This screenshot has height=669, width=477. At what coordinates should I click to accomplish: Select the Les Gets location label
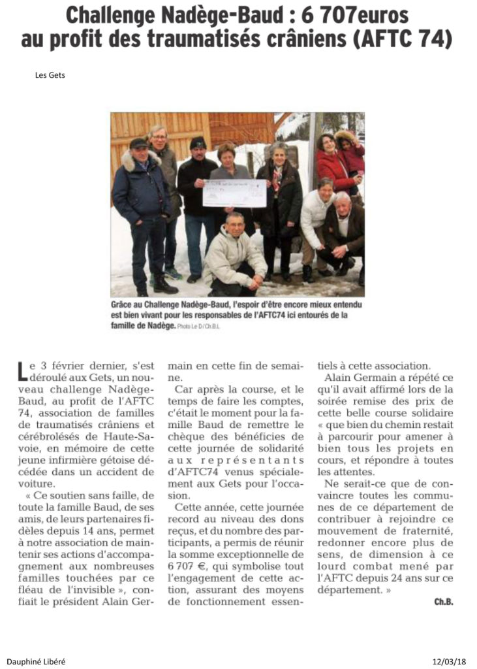[50, 75]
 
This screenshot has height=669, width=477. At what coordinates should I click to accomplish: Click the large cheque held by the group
[234, 193]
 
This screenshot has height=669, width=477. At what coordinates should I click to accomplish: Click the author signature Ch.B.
[444, 602]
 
